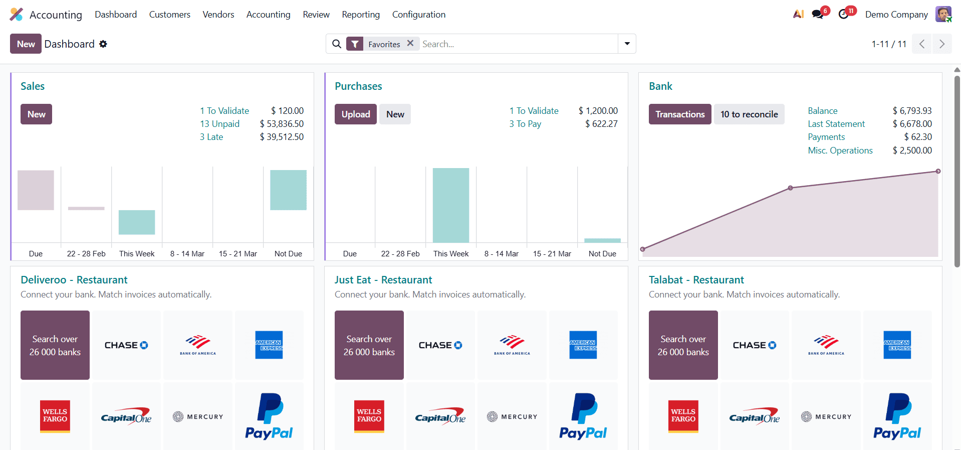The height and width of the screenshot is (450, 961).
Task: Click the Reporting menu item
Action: click(361, 15)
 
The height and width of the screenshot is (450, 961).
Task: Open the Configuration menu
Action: click(418, 15)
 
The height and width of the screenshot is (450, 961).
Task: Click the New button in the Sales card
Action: click(36, 114)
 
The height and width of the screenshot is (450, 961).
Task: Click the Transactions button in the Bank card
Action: click(679, 114)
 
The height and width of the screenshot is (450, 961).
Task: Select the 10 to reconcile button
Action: click(749, 114)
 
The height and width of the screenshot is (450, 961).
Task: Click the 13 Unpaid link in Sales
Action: click(219, 124)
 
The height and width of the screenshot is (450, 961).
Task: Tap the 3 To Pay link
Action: click(525, 124)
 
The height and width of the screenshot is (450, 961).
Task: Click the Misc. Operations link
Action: click(840, 151)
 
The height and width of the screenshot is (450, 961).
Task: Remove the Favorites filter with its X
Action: click(410, 44)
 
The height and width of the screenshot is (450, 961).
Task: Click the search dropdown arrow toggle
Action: click(627, 44)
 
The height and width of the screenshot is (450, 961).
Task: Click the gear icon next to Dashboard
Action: click(103, 44)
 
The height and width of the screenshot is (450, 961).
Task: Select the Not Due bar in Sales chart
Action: click(288, 190)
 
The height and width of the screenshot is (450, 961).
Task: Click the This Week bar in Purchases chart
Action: click(450, 205)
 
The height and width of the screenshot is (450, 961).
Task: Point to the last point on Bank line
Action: click(938, 172)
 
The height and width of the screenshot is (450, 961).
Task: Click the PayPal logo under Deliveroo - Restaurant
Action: click(269, 416)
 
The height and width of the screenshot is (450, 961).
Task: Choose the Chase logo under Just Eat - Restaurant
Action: click(440, 345)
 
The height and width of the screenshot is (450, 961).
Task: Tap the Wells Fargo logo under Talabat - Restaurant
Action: click(683, 416)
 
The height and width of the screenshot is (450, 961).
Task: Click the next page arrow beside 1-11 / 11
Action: click(941, 44)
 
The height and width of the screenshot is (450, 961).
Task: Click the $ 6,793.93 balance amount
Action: click(912, 111)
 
